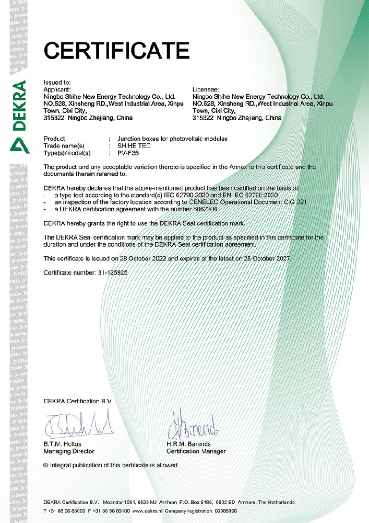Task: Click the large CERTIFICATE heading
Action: [116, 51]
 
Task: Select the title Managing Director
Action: [69, 451]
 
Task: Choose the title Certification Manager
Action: [196, 451]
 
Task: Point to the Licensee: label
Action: [206, 90]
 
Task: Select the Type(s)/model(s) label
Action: [67, 153]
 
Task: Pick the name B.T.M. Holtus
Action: [62, 444]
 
